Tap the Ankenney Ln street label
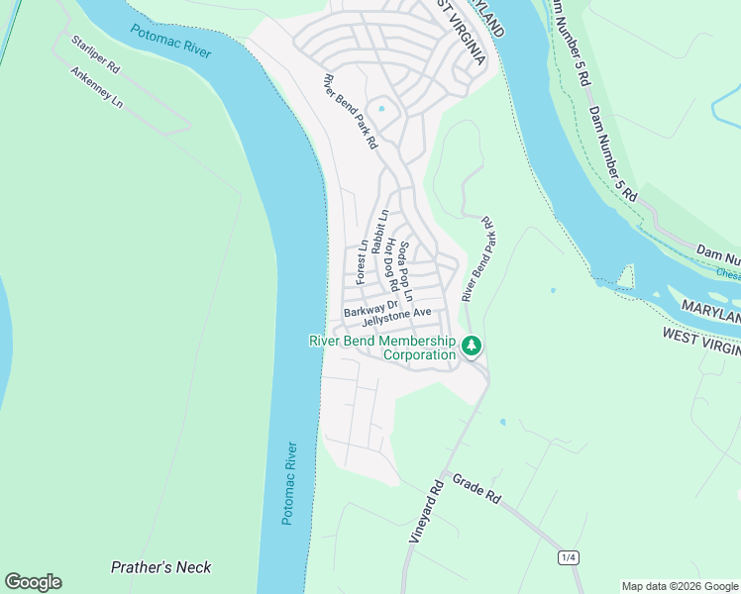pos(95,88)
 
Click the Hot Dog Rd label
pos(391,264)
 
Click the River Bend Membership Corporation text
pos(382,347)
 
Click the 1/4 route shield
pos(569,558)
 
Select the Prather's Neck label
pos(160,567)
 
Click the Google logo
pos(33,582)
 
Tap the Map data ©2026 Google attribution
pos(680,586)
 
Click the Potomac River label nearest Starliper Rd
pos(170,37)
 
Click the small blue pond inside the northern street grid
pos(380,108)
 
